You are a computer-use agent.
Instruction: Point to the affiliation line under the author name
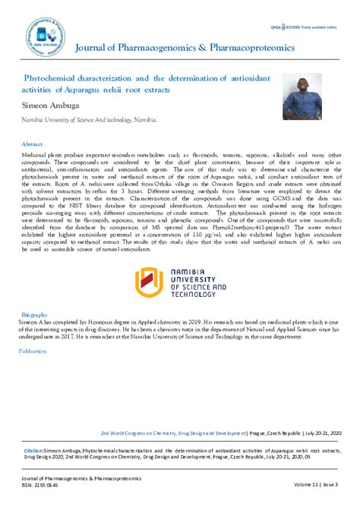90,120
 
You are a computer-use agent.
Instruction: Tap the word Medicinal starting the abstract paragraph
37,153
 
